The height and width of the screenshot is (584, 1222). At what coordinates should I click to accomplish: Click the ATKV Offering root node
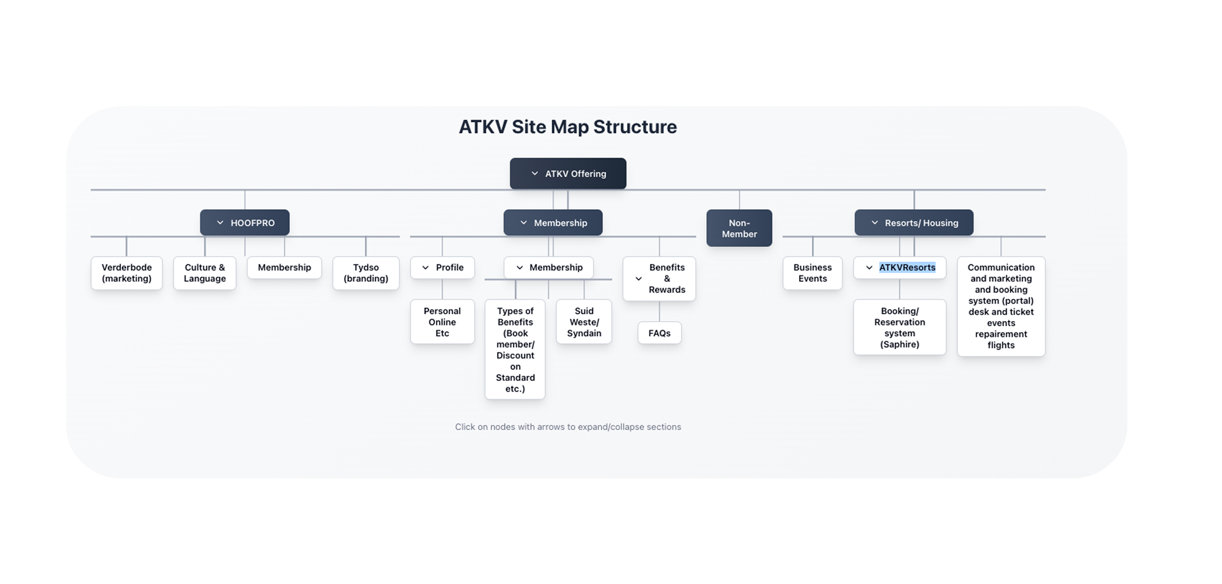[568, 173]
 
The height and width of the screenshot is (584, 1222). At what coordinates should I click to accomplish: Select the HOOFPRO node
[245, 222]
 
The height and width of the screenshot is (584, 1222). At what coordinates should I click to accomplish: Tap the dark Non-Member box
[739, 228]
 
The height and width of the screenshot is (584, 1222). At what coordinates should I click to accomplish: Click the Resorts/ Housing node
[914, 222]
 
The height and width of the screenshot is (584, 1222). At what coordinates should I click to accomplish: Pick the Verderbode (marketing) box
[127, 273]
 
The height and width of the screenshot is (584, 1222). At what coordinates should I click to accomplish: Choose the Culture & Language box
[205, 273]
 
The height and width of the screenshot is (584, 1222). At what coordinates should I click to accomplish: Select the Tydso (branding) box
[366, 273]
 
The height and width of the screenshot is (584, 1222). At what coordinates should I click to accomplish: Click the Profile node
[442, 267]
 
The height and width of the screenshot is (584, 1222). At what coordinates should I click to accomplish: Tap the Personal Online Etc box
[442, 322]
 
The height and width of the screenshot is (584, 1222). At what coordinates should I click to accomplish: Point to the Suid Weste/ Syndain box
[584, 322]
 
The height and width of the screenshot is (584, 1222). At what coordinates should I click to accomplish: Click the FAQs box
[659, 333]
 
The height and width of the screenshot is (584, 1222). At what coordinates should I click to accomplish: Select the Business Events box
[812, 273]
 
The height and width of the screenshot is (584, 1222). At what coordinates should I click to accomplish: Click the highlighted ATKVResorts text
[907, 267]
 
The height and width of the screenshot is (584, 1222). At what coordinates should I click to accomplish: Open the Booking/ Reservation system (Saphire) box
[899, 327]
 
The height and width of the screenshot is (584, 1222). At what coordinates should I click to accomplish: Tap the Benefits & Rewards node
[659, 278]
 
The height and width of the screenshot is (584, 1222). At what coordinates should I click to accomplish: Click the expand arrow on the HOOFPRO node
[220, 223]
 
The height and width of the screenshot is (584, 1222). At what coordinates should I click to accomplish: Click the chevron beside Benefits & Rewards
[638, 279]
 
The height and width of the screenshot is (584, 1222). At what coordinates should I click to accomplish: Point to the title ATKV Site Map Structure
[568, 127]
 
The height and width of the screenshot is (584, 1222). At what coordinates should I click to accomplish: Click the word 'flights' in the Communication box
[1001, 345]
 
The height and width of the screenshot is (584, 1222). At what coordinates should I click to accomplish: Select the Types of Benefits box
[515, 349]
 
